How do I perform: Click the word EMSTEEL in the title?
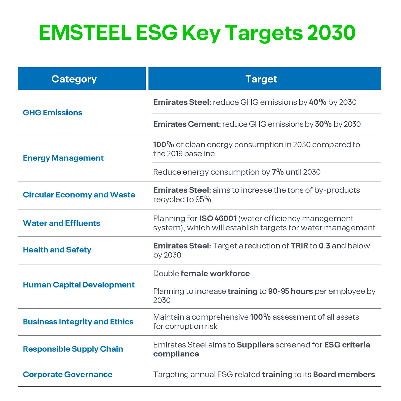pyautogui.click(x=85, y=33)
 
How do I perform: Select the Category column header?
pyautogui.click(x=74, y=79)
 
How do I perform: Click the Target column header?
pyautogui.click(x=261, y=79)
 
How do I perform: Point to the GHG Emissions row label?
pyautogui.click(x=52, y=113)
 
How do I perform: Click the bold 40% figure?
pyautogui.click(x=317, y=102)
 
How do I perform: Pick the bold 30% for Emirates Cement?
pyautogui.click(x=323, y=124)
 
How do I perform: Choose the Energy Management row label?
pyautogui.click(x=63, y=158)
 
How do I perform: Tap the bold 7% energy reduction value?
pyautogui.click(x=278, y=172)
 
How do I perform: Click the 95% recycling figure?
pyautogui.click(x=203, y=199)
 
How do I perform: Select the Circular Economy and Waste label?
pyautogui.click(x=79, y=195)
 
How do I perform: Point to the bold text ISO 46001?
pyautogui.click(x=218, y=219)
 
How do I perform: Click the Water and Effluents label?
pyautogui.click(x=61, y=223)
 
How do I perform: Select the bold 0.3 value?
pyautogui.click(x=324, y=246)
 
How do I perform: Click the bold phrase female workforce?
pyautogui.click(x=215, y=274)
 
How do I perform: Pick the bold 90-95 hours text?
pyautogui.click(x=290, y=291)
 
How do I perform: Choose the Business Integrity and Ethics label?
pyautogui.click(x=78, y=322)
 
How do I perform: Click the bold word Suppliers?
pyautogui.click(x=255, y=345)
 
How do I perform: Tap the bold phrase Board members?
pyautogui.click(x=344, y=375)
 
